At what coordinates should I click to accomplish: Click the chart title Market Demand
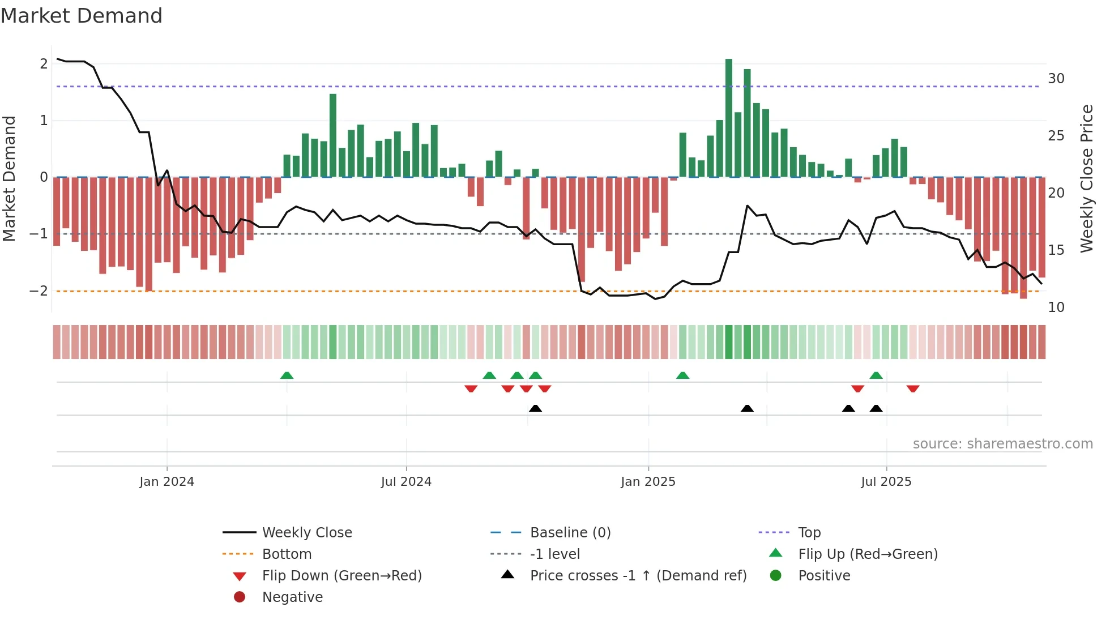click(82, 16)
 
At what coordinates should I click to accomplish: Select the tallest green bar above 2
click(729, 118)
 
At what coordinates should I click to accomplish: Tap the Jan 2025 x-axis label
click(648, 482)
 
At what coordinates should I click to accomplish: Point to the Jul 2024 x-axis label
click(406, 482)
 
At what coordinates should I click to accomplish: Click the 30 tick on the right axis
click(1056, 79)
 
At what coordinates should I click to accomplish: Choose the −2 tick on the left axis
click(39, 291)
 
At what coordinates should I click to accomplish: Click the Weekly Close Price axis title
click(1086, 178)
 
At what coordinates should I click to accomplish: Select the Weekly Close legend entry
click(306, 533)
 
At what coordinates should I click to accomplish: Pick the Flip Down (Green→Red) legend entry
click(341, 576)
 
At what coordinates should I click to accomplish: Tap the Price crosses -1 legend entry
click(638, 576)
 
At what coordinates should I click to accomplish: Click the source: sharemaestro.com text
click(1002, 444)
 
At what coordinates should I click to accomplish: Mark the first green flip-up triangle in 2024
click(287, 375)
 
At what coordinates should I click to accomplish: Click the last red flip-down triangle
click(912, 388)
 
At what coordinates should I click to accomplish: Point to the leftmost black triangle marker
click(535, 408)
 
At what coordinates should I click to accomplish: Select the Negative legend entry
click(292, 597)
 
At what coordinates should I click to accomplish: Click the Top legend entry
click(809, 533)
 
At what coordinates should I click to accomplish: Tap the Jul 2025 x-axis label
click(886, 482)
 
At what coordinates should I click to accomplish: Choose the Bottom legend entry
click(287, 554)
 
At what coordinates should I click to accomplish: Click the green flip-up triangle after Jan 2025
click(682, 375)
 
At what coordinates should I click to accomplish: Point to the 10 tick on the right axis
click(1056, 307)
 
